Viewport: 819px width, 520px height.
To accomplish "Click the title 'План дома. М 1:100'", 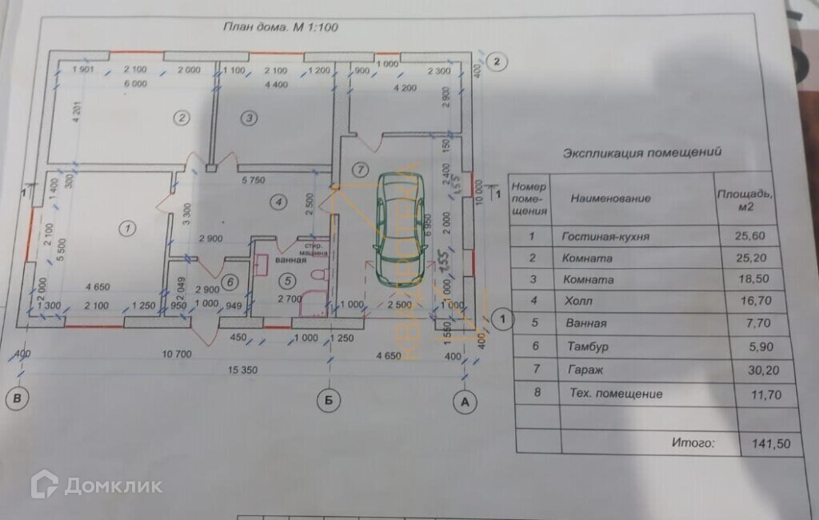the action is (x=282, y=26).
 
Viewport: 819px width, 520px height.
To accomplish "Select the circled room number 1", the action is (x=126, y=229).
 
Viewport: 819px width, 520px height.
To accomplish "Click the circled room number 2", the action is (x=182, y=118).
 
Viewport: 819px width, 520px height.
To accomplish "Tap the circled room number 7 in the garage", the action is (x=360, y=169).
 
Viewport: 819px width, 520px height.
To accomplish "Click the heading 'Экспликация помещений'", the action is (x=643, y=150).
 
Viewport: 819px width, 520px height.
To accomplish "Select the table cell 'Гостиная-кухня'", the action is (x=605, y=237).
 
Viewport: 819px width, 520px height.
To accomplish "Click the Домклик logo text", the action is (x=114, y=486).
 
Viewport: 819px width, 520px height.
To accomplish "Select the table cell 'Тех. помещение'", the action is (x=612, y=394).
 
